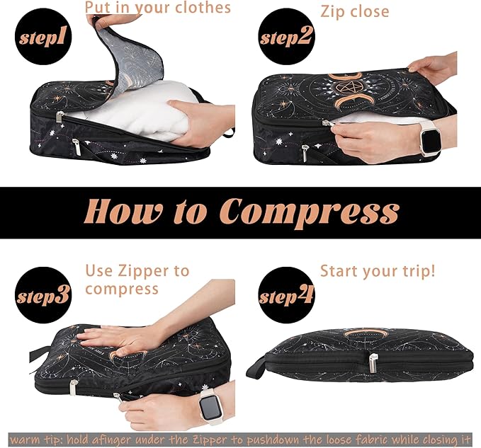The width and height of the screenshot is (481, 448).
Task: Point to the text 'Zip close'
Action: [x=354, y=11]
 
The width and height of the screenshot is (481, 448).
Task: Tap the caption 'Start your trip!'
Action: [x=377, y=271]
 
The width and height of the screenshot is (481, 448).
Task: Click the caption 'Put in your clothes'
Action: [x=157, y=8]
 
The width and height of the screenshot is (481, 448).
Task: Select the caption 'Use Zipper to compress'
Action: [x=137, y=280]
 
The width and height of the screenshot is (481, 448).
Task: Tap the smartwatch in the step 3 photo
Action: [x=210, y=409]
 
